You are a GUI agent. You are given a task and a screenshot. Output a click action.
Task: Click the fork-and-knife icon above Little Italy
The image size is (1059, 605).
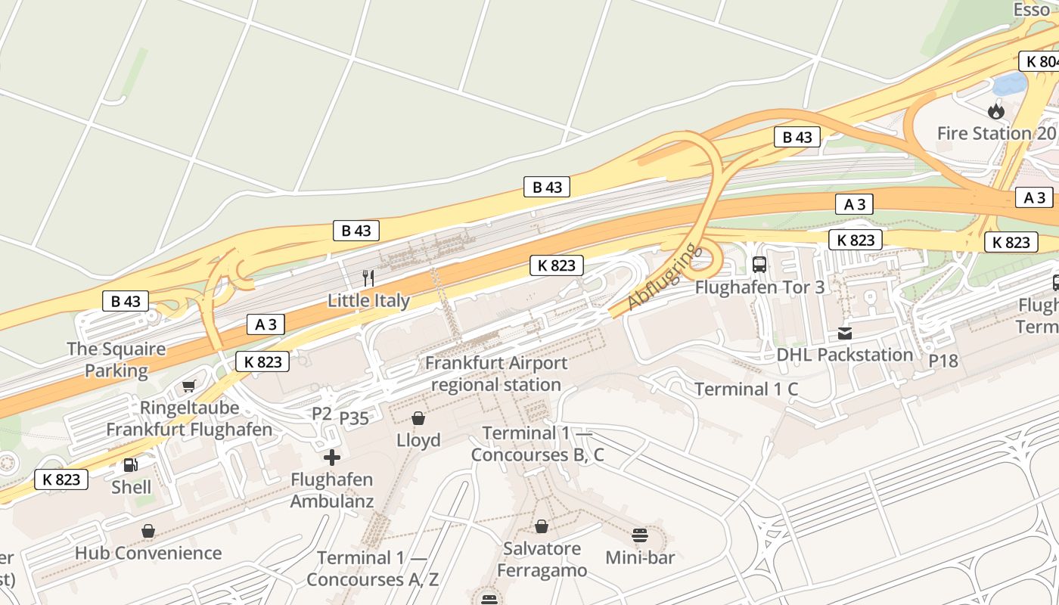coord(368,278)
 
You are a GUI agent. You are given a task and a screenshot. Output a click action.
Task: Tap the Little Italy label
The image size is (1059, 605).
coord(368,301)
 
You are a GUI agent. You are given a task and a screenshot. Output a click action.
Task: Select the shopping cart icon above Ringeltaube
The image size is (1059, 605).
coord(189,386)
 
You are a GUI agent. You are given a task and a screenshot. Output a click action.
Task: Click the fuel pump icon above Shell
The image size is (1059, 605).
coord(131,465)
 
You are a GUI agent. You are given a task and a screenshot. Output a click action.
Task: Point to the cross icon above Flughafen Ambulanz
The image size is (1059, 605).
coord(331,457)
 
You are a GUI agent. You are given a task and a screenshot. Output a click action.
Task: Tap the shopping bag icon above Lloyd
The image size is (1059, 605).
coord(418,418)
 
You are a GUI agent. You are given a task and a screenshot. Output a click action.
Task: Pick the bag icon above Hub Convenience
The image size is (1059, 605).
coord(148,531)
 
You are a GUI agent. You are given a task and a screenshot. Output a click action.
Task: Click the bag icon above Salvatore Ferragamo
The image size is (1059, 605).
coord(542,526)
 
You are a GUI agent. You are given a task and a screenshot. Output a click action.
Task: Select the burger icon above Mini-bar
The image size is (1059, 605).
coord(640,535)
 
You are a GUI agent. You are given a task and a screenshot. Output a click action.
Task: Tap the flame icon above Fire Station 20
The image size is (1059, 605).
coord(996,111)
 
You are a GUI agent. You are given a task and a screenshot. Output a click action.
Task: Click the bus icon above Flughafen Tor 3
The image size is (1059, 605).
coord(759,265)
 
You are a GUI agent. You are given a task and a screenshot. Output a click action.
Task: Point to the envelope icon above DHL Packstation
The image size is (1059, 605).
coord(845,333)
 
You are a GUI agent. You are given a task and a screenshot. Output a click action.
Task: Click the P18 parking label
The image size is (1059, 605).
coord(943,361)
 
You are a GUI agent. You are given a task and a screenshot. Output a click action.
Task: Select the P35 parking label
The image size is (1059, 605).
coord(354,418)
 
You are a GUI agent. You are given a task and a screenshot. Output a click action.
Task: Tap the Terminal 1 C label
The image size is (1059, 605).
coord(746,389)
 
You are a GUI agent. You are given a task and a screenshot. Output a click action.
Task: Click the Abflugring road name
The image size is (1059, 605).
coord(660,277)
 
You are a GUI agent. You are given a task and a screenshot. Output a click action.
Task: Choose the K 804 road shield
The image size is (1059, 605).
coord(1040,62)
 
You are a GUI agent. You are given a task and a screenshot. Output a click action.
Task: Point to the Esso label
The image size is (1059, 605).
coord(1032,10)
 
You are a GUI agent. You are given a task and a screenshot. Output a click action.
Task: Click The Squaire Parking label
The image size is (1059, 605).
coord(116,360)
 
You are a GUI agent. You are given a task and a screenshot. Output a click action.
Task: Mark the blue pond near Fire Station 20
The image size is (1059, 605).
coord(1009,83)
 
